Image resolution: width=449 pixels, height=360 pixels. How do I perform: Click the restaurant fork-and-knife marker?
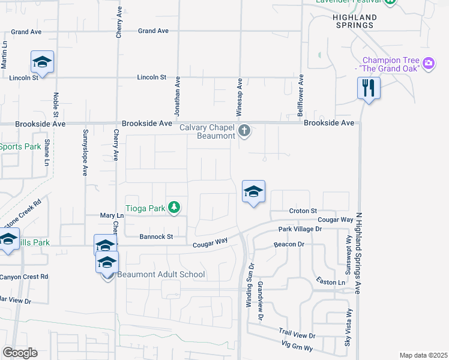pos(368,89)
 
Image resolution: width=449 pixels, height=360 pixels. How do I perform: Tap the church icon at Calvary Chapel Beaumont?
pos(244,130)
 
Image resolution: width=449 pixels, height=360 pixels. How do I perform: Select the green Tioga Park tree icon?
pos(174,208)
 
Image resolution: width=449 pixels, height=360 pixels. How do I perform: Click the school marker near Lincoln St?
pos(42,62)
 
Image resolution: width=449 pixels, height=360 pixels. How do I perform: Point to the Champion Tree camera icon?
pos(428,63)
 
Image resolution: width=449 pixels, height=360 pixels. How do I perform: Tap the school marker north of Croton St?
pos(253,192)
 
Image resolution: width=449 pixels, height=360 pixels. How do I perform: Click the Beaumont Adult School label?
pos(161,275)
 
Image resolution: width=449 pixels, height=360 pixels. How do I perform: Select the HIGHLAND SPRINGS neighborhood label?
pos(354,21)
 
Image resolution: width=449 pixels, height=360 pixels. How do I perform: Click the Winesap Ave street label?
pos(239,97)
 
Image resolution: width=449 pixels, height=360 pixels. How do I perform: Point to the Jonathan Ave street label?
pos(177,96)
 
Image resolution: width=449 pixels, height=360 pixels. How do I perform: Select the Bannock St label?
pos(157,237)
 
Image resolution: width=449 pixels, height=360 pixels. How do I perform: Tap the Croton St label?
pos(303,211)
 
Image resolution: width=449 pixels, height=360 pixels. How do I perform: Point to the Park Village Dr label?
pos(300,229)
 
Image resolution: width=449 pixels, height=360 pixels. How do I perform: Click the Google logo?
pos(20,352)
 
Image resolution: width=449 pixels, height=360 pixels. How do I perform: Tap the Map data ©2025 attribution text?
pos(423,355)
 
